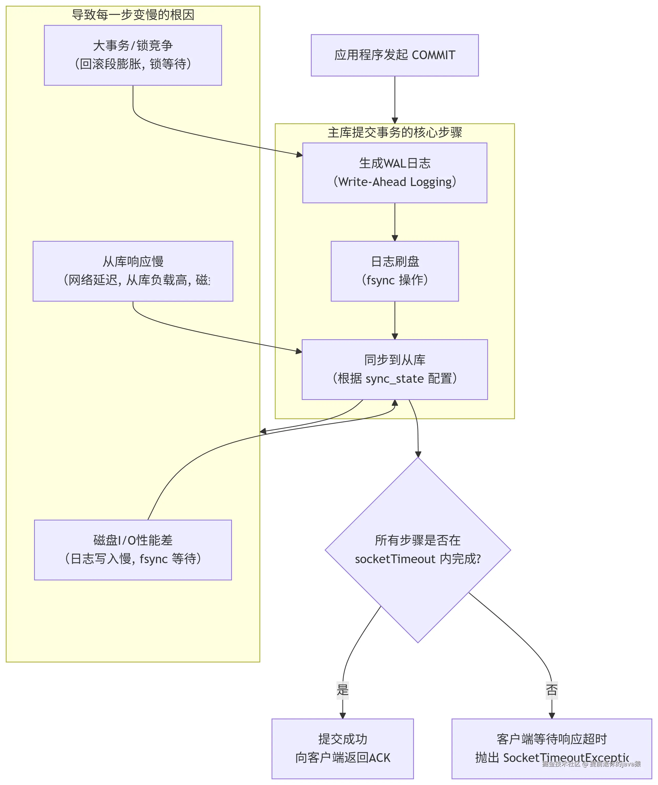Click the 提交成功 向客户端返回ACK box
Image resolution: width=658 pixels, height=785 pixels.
coord(342,748)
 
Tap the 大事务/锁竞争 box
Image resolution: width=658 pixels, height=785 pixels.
coord(133,55)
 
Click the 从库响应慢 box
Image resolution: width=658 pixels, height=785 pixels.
coord(133,271)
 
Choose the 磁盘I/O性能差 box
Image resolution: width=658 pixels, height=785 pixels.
coord(133,550)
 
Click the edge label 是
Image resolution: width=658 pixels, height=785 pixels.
coord(342,689)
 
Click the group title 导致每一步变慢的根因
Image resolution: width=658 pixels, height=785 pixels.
coord(133,15)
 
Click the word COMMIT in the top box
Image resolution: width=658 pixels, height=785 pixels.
coord(433,55)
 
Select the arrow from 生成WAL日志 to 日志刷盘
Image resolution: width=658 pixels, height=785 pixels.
coord(395,222)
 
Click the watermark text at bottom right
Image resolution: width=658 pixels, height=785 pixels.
coord(591,764)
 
